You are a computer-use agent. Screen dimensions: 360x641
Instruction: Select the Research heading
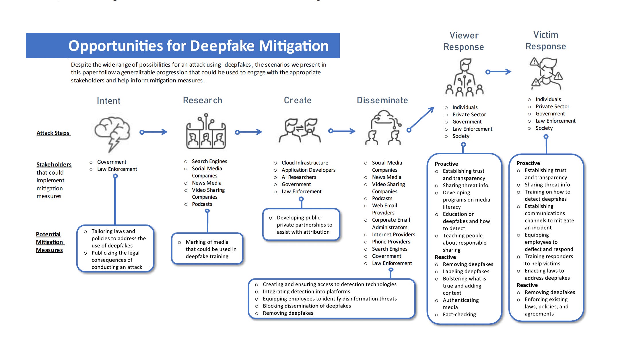[x=203, y=100]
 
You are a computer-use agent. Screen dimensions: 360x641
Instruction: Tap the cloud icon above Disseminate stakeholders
[x=383, y=119]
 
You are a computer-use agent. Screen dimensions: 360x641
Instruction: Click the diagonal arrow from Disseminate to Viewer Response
[x=421, y=119]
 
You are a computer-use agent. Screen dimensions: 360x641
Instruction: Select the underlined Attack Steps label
[x=53, y=133]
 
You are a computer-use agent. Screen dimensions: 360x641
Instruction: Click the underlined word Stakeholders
[x=54, y=164]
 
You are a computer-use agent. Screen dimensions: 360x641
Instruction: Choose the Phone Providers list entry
[x=391, y=242]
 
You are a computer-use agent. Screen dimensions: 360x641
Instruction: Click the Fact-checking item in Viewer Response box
[x=459, y=315]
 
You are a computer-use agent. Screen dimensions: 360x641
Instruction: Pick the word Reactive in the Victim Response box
[x=527, y=285]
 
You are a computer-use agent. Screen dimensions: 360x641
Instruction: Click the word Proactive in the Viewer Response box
[x=446, y=164]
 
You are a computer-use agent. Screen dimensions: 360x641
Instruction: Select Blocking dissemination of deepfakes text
[x=307, y=306]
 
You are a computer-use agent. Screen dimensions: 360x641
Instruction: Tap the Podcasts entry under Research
[x=202, y=204]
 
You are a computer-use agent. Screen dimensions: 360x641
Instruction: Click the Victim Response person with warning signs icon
[x=546, y=73]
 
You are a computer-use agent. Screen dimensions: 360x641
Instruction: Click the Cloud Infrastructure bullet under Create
[x=305, y=163]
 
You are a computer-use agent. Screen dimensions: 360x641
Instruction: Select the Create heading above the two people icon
[x=298, y=100]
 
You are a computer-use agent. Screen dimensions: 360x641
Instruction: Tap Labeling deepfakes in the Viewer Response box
[x=466, y=272]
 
